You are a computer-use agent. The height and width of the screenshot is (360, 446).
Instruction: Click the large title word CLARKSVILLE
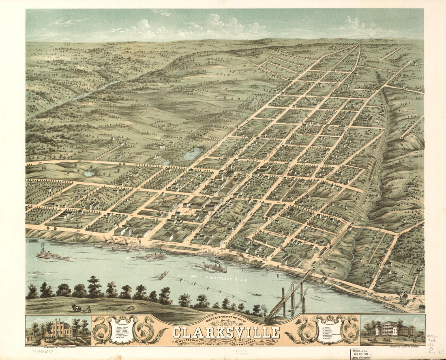pos(226,332)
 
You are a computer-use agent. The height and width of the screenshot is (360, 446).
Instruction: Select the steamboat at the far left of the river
pos(48,254)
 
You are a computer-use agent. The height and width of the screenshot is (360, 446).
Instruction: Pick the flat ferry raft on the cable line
pos(163,275)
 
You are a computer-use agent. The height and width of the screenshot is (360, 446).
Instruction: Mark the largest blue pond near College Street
pos(193,154)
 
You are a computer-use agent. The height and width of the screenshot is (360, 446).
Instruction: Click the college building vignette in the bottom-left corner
pos(58,330)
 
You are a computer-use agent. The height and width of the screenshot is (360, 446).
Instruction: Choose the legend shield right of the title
pos(330,330)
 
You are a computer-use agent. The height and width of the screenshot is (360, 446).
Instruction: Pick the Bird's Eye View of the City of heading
pos(226,319)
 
